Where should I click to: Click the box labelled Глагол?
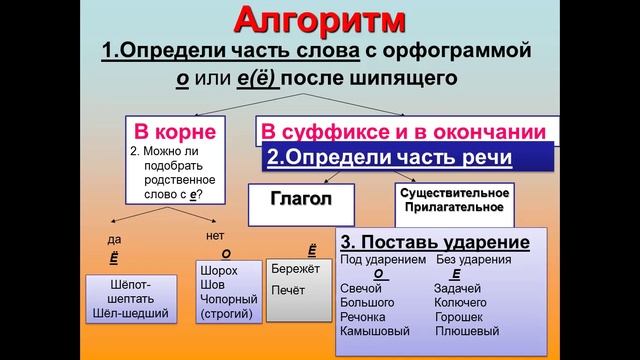300,198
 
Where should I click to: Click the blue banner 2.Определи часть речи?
389,158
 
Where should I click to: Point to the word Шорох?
220,271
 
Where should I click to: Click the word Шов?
212,285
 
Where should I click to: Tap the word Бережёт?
295,269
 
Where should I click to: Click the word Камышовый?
376,330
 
